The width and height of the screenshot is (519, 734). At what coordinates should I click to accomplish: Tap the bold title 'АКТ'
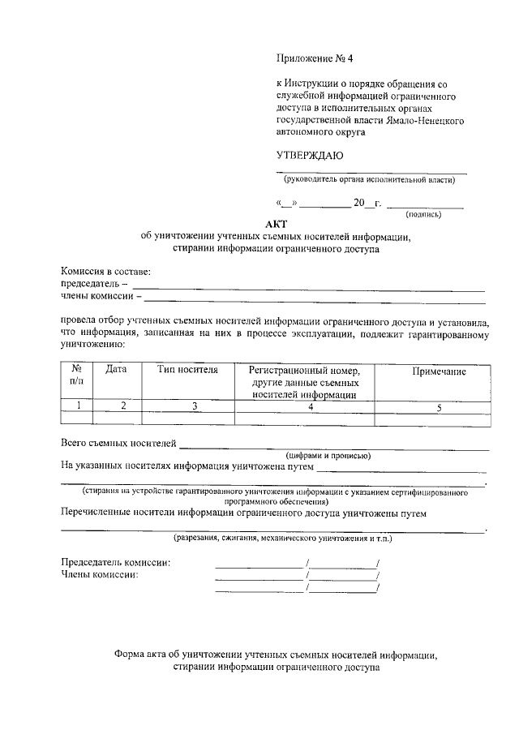pyautogui.click(x=276, y=225)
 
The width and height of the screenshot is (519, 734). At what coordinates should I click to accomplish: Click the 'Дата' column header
pyautogui.click(x=117, y=370)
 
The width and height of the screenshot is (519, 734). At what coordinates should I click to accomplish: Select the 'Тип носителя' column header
pyautogui.click(x=187, y=370)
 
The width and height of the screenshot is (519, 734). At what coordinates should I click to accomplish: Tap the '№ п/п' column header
pyautogui.click(x=77, y=374)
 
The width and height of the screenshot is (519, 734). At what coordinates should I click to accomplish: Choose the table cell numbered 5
pyautogui.click(x=438, y=407)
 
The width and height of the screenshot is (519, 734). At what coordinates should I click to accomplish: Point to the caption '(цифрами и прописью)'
pyautogui.click(x=328, y=456)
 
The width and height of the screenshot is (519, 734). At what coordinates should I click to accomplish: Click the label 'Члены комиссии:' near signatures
pyautogui.click(x=100, y=575)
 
